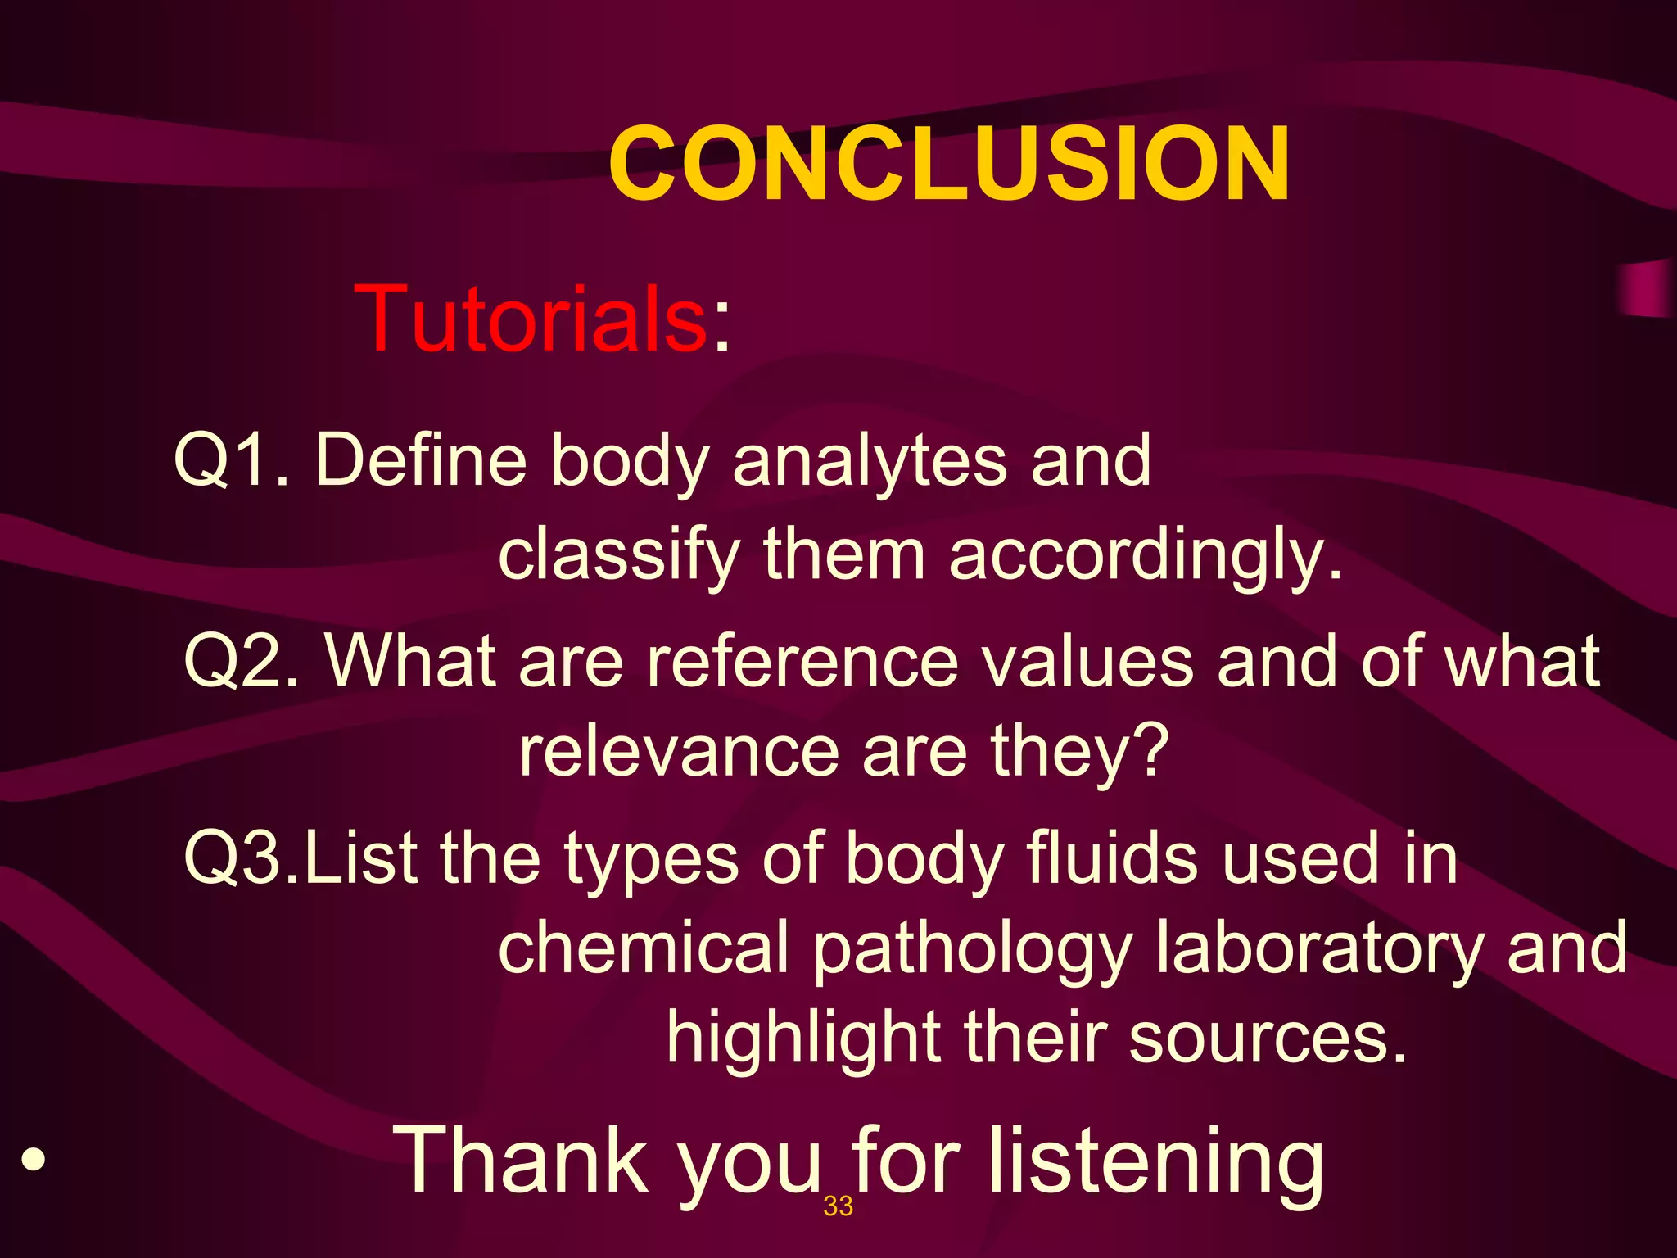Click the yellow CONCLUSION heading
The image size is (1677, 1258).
(948, 164)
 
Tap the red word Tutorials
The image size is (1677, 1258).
(531, 319)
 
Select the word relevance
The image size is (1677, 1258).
(679, 752)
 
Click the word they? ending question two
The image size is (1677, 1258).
(1079, 752)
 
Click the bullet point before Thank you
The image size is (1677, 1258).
(33, 1160)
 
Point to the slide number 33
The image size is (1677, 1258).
(838, 1206)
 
